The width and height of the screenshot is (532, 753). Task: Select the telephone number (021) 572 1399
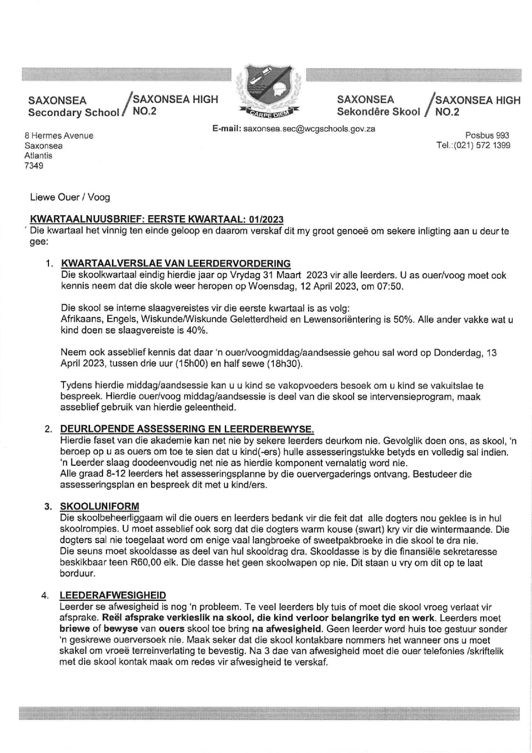(x=481, y=146)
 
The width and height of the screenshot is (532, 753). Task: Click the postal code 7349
(x=34, y=166)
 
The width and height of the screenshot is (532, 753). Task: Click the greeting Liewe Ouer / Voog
(x=70, y=197)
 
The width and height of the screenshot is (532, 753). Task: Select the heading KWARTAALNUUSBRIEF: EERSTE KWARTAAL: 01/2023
(x=157, y=219)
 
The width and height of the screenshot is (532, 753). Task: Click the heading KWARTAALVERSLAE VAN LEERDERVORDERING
(x=175, y=263)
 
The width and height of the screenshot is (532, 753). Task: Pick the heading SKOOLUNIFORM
(x=99, y=506)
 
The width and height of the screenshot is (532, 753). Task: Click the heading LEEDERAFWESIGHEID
(x=113, y=596)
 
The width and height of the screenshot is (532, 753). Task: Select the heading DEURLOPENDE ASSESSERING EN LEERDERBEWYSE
(x=187, y=429)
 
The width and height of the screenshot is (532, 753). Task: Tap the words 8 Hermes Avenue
(x=59, y=136)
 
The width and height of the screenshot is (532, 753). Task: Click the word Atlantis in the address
(x=39, y=155)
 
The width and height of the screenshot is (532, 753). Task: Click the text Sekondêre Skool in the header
(x=378, y=112)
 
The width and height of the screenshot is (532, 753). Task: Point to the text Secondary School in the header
(x=73, y=113)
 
